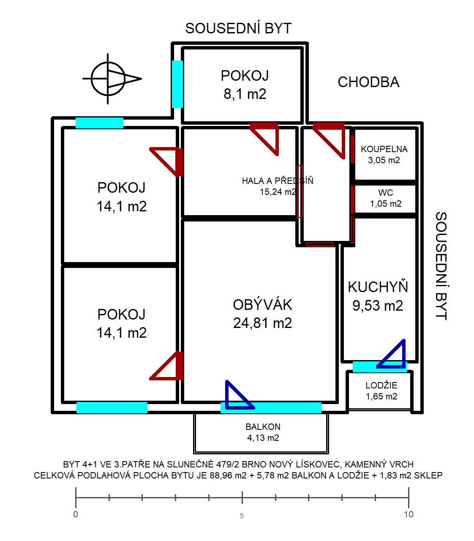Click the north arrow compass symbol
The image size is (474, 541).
[x=108, y=79]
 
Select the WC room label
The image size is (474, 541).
[x=385, y=193]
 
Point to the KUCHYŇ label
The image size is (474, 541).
[x=378, y=287]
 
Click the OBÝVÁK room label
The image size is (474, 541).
[x=262, y=305]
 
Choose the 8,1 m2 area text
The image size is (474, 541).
[x=245, y=94]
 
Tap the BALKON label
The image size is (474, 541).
[x=263, y=427]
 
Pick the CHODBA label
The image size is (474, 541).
[x=368, y=82]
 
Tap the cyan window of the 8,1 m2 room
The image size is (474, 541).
[x=177, y=84]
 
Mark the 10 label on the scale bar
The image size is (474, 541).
[x=409, y=514]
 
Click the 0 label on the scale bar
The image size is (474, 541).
[x=76, y=514]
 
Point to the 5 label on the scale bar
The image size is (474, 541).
[x=242, y=516]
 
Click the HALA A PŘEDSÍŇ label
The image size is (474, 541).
[x=278, y=181]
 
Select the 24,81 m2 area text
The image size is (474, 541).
[x=262, y=323]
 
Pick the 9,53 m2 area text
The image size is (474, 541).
[x=378, y=306]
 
